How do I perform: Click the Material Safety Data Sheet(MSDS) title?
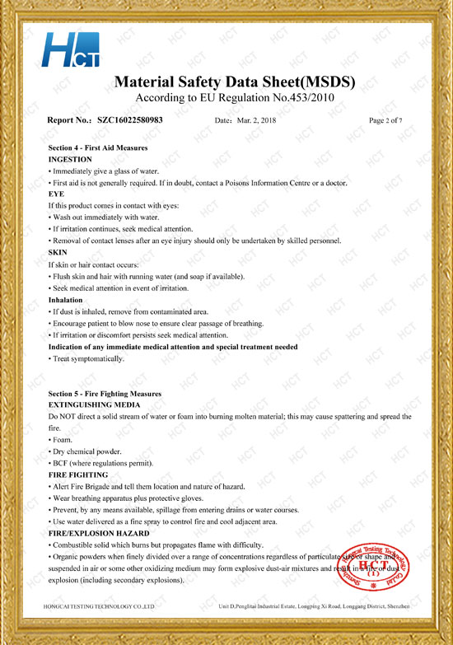[x=233, y=82]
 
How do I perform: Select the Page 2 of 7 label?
[x=386, y=120]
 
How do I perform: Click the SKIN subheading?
[x=58, y=251]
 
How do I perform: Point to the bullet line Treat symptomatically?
[x=88, y=359]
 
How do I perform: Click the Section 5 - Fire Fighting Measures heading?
[x=105, y=394]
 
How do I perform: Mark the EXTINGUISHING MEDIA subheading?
[x=95, y=405]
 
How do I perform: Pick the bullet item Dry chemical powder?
[x=86, y=451]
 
